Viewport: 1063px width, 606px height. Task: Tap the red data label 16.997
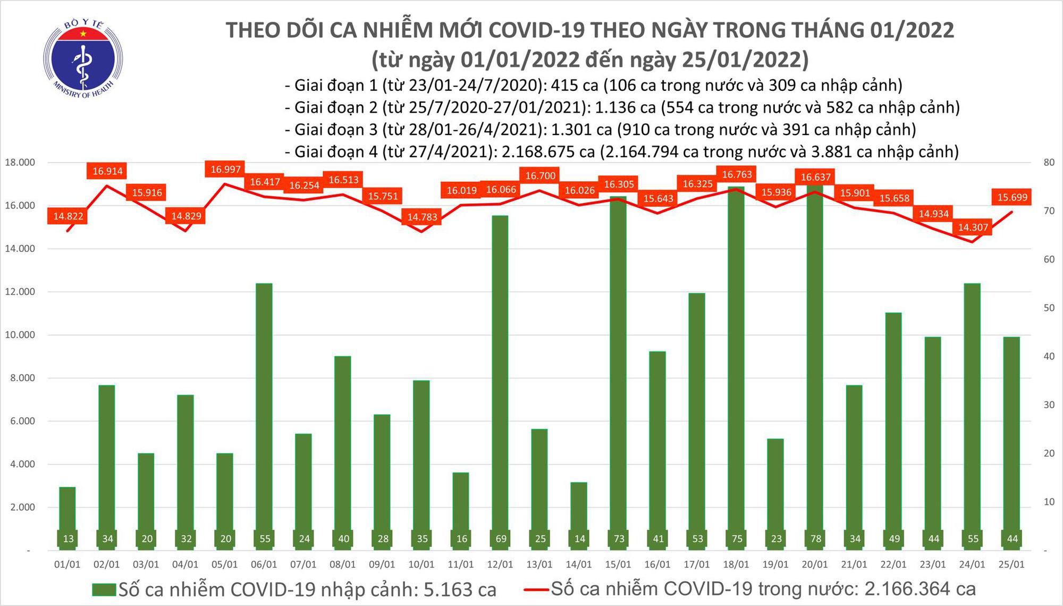pos(225,170)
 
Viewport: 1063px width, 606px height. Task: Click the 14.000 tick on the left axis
pos(20,249)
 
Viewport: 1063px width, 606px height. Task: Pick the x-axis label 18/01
pos(736,565)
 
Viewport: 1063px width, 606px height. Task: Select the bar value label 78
pos(815,538)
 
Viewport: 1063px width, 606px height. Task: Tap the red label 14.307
pos(973,228)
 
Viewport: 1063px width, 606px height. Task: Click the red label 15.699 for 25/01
pos(1012,197)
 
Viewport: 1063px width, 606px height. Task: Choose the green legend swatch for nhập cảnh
pos(104,590)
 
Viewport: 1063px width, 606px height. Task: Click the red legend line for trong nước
pos(536,590)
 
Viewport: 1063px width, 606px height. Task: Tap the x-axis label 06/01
pos(264,565)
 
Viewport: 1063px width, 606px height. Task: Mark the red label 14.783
pos(422,217)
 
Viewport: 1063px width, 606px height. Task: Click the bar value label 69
pos(501,538)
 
